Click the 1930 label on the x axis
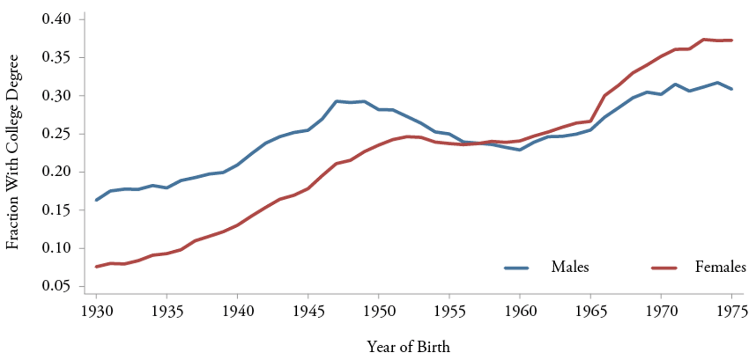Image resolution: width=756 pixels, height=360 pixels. (x=96, y=311)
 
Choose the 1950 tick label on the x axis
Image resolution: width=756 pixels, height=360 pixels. (x=379, y=311)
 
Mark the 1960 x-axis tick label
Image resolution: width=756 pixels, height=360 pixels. (x=519, y=311)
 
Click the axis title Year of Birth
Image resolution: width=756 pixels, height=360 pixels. (x=409, y=347)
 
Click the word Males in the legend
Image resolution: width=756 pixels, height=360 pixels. (x=570, y=267)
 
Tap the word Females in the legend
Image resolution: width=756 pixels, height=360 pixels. (x=720, y=267)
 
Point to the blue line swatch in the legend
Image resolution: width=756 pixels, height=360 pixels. (x=516, y=268)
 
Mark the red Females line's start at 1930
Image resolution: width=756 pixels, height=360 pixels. (x=97, y=267)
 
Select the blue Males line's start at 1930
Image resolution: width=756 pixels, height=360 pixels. (x=97, y=200)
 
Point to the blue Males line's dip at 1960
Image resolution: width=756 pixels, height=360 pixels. (x=519, y=150)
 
